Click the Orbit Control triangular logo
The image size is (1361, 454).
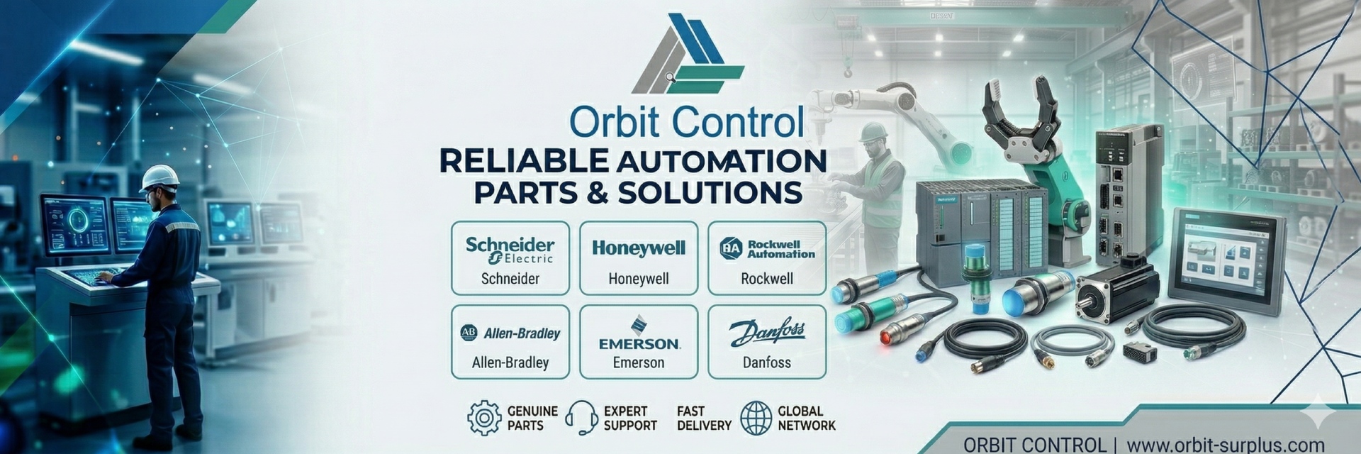(686, 55)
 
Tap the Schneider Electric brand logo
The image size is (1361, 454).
(510, 250)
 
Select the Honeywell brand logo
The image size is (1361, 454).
(639, 248)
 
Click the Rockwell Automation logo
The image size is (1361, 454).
(767, 248)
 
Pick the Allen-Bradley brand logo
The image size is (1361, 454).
(510, 333)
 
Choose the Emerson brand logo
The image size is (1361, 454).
(639, 334)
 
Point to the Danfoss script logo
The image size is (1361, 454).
(767, 332)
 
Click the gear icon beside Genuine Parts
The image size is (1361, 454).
(484, 418)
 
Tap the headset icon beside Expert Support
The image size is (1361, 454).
(581, 418)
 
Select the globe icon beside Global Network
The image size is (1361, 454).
(756, 418)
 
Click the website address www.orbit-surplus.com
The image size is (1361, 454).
(1225, 445)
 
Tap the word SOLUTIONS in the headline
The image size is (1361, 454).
(710, 193)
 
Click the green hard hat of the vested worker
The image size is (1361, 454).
(873, 131)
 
